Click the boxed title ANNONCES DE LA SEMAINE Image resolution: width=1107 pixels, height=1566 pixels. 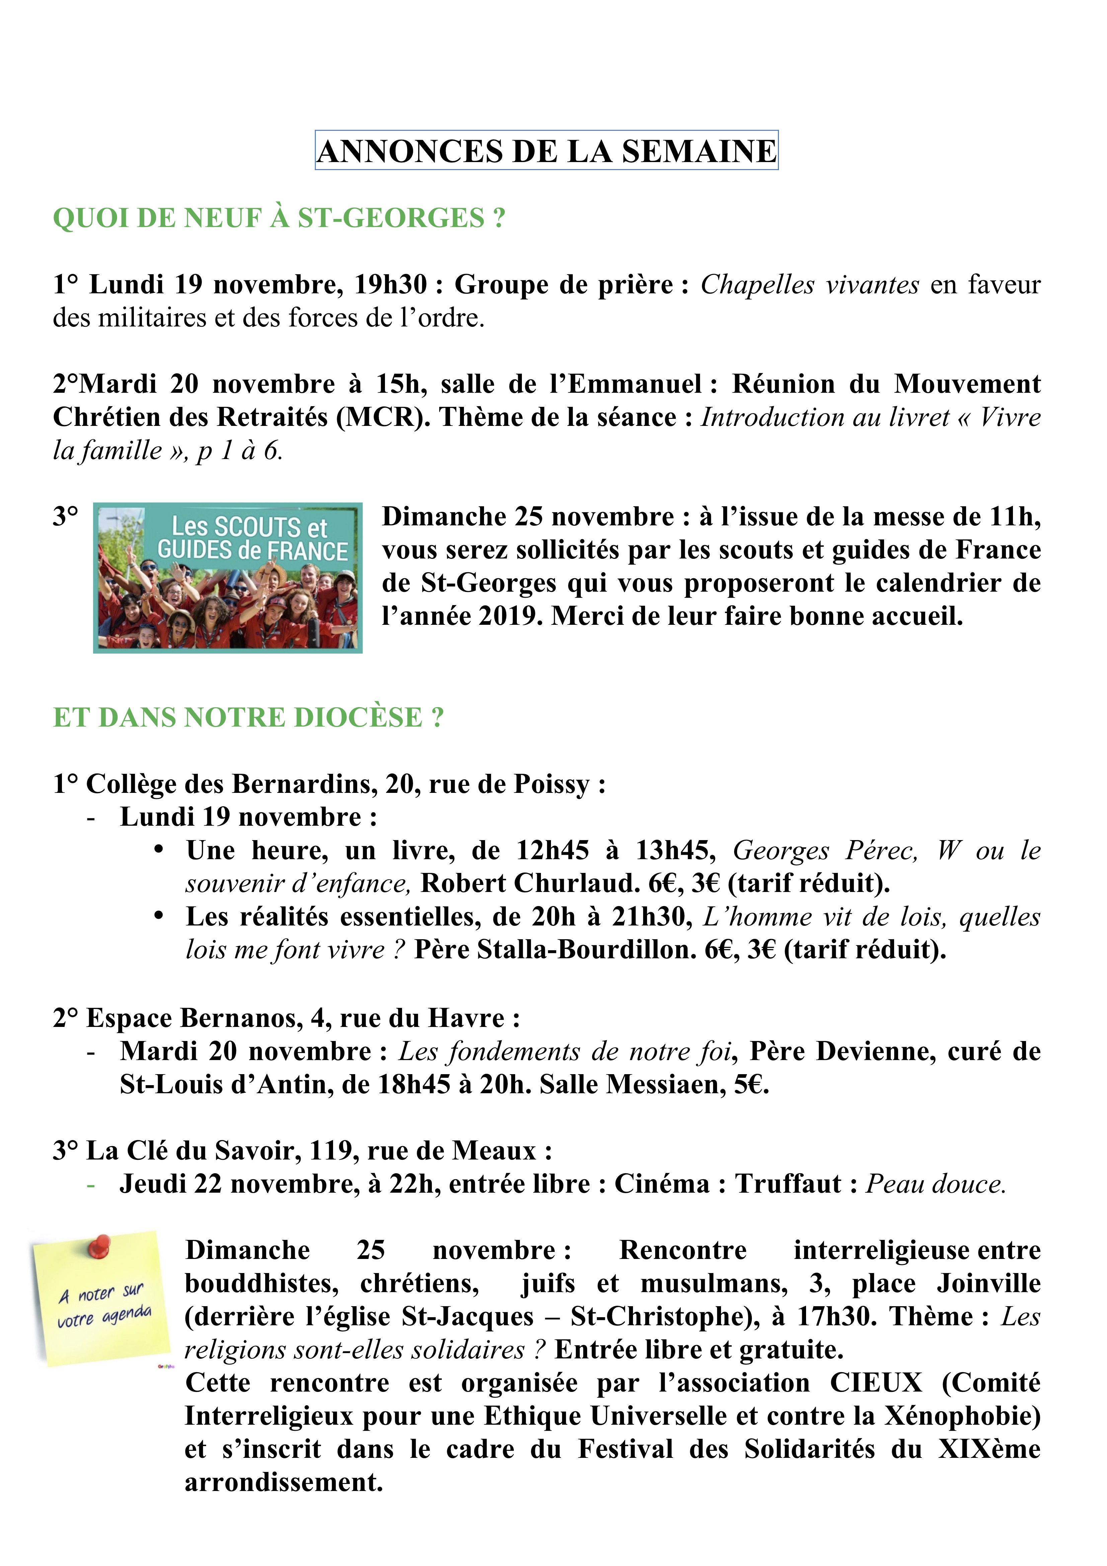pos(546,151)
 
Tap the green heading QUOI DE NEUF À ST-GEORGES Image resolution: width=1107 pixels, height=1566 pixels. pos(279,218)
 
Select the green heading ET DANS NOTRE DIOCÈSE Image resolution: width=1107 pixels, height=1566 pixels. pos(248,718)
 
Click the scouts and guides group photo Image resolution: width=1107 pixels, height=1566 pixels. pos(228,578)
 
